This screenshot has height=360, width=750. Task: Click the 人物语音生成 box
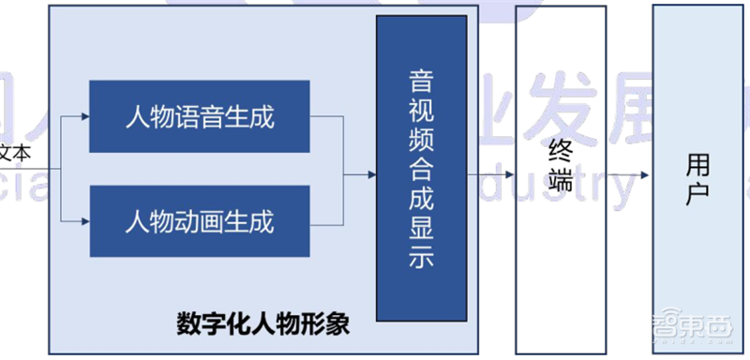(200, 117)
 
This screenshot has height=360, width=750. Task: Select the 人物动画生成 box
(200, 222)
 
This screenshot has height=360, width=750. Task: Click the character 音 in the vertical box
(422, 78)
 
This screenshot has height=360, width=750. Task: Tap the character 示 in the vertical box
(422, 260)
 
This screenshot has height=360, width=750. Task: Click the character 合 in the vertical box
(422, 169)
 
